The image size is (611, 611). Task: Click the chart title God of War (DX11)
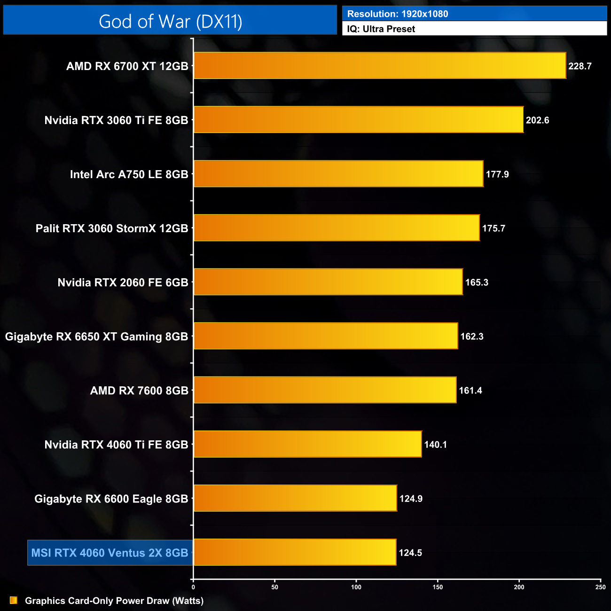[x=170, y=22]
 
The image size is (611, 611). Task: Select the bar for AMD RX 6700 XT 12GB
[x=380, y=66]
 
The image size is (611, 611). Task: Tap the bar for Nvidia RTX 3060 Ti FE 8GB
[x=358, y=120]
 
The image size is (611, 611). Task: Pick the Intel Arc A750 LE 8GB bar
[x=338, y=174]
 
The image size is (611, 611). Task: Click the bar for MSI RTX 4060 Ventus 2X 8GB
[x=295, y=552]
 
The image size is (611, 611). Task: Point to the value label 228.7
[x=580, y=66]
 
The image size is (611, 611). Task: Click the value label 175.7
[x=493, y=228]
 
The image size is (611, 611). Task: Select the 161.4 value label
[x=470, y=391]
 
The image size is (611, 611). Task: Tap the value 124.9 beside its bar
[x=411, y=499]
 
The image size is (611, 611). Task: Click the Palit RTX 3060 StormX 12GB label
[x=112, y=228]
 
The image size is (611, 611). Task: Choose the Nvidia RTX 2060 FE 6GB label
[x=123, y=282]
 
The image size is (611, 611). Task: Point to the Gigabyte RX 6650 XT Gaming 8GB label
[x=96, y=337]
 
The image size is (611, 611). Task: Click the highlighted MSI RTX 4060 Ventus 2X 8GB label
[x=110, y=553]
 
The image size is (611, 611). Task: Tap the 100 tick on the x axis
[x=356, y=587]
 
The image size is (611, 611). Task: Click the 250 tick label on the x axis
[x=600, y=587]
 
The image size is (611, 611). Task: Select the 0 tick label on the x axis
[x=193, y=587]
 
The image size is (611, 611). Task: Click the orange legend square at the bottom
[x=14, y=600]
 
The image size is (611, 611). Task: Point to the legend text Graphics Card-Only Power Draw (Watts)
[x=114, y=601]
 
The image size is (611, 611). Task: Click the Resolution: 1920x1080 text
[x=398, y=14]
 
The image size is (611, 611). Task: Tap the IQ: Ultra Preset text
[x=381, y=29]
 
